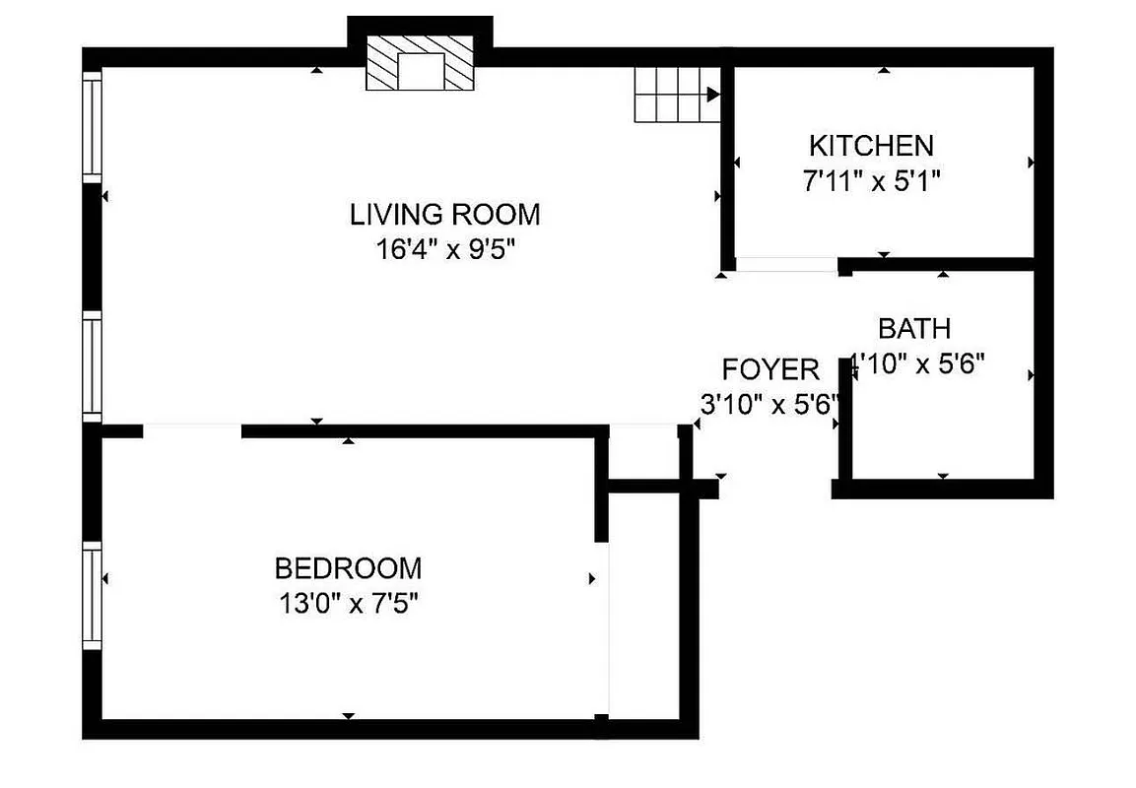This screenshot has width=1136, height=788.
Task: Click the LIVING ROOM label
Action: coord(445,214)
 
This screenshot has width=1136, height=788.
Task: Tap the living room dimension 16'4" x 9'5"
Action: coord(445,249)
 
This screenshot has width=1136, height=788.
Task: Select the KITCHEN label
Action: coord(871,146)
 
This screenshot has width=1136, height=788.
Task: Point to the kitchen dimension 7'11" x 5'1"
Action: coord(871,180)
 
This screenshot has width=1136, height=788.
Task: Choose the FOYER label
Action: coord(770,369)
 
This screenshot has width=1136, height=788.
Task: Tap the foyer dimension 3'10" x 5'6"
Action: coord(768,404)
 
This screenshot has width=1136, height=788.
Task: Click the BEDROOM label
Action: coord(348,568)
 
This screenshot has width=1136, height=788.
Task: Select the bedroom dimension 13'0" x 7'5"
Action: coord(348,603)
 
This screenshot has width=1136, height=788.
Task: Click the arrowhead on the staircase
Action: coord(713,96)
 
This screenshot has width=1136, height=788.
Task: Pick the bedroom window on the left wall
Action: coord(92,598)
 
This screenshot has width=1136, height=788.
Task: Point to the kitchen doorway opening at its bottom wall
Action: coord(786,264)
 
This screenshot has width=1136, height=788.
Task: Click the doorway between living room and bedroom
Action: coord(192,430)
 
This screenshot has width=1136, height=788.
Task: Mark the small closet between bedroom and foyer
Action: coord(643,454)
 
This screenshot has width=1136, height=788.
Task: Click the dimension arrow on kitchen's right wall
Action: coord(1031,162)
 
